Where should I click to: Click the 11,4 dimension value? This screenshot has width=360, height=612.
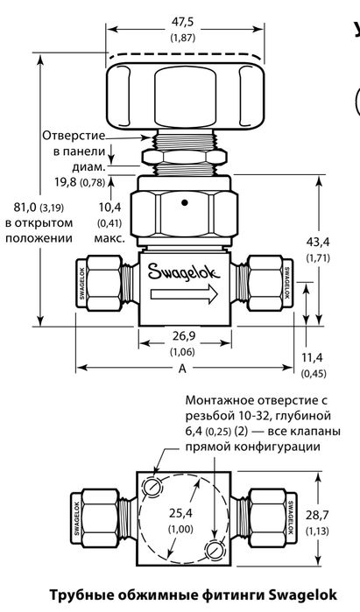[313, 357]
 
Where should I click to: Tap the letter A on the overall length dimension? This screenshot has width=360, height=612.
[184, 369]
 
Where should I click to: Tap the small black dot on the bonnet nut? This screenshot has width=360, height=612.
[185, 205]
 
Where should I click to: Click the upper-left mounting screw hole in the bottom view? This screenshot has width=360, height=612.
[153, 485]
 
